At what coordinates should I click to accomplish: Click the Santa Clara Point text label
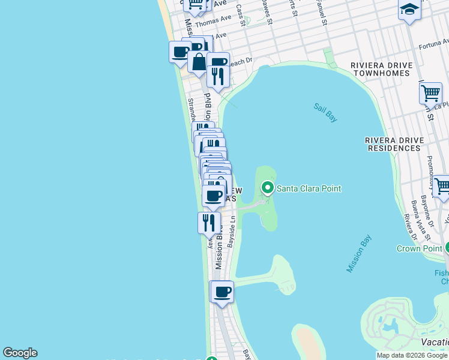[x=309, y=188]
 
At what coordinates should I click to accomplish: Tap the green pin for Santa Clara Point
[x=267, y=188]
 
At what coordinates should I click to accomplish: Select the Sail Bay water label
[x=325, y=112]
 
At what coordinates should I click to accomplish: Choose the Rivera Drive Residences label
[x=394, y=144]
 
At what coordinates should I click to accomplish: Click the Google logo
[x=20, y=353]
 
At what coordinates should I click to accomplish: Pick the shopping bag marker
[x=199, y=62]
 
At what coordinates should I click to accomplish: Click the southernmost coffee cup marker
[x=222, y=292]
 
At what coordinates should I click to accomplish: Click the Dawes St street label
[x=268, y=12]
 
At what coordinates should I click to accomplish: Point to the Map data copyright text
[x=412, y=355]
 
